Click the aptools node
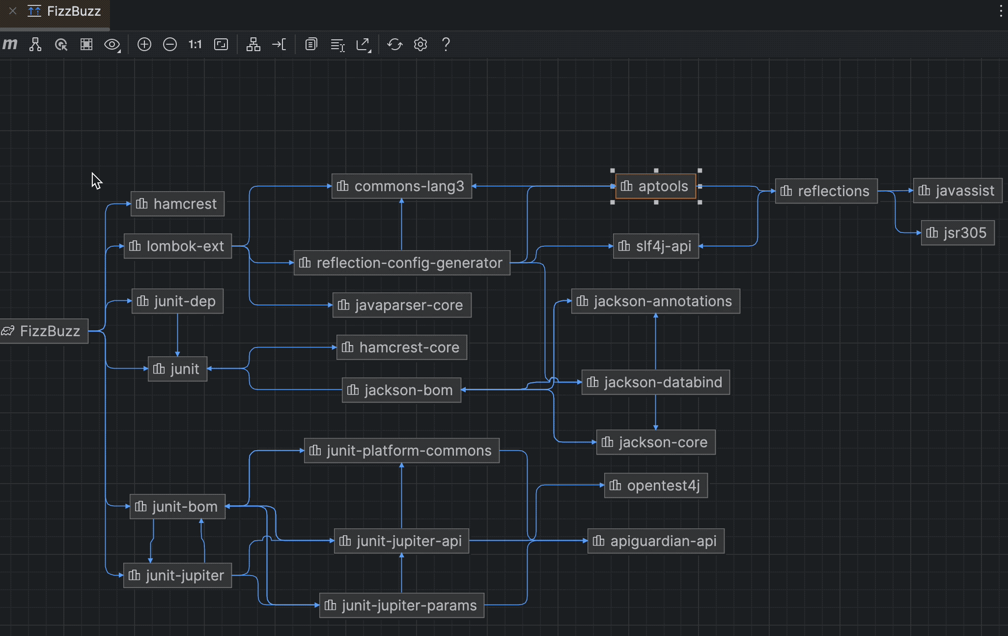click(x=656, y=186)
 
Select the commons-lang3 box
click(x=402, y=186)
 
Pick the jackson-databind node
click(x=655, y=382)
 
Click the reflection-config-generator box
click(x=402, y=263)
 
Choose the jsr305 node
click(x=957, y=232)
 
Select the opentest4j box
click(x=656, y=486)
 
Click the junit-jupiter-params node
click(x=402, y=606)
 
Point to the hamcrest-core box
click(x=402, y=347)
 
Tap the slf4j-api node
click(x=656, y=246)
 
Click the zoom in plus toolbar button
click(x=144, y=45)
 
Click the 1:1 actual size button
click(x=195, y=45)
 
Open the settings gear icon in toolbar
click(x=420, y=45)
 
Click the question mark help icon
click(x=446, y=45)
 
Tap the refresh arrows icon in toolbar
click(x=394, y=45)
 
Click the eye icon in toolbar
click(x=112, y=45)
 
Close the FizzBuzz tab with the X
click(x=13, y=11)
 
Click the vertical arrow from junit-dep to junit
click(x=177, y=334)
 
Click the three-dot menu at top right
click(x=1001, y=11)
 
